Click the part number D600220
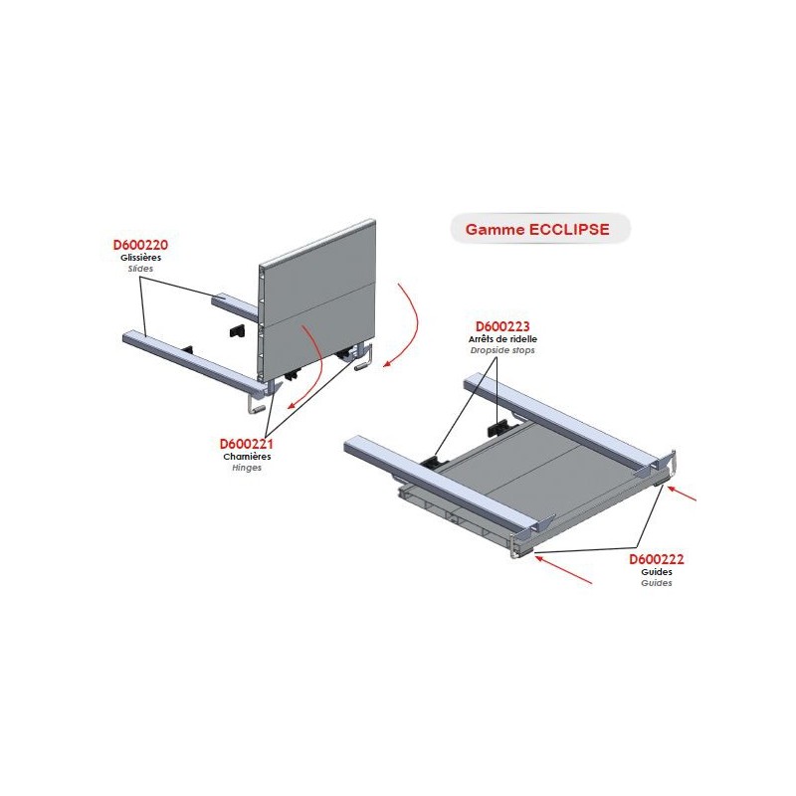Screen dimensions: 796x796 pos(140,245)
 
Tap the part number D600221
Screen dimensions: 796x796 pos(246,444)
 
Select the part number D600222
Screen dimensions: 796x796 pos(657,559)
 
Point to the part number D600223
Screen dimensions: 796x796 pos(502,326)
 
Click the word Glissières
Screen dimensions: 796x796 pos(140,258)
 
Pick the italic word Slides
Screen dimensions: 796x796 pos(140,269)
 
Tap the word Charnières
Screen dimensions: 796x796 pos(247,457)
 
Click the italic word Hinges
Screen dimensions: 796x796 pos(247,468)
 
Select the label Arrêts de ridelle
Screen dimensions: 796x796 pos(502,339)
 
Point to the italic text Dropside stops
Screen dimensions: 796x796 pos(502,350)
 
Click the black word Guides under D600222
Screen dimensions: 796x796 pos(657,571)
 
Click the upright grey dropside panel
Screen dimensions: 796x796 pos(317,299)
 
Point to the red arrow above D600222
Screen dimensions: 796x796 pos(682,493)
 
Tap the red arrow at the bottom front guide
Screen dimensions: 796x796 pos(563,569)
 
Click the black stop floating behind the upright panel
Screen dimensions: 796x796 pos(236,331)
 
